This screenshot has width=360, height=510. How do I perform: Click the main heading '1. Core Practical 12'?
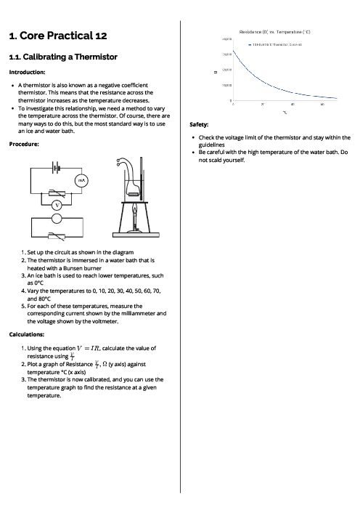tap(57, 36)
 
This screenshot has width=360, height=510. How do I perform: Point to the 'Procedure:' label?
tap(24, 144)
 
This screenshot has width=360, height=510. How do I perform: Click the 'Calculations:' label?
tap(27, 334)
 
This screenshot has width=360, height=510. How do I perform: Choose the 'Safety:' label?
tap(198, 124)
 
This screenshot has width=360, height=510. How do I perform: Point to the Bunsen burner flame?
tap(134, 211)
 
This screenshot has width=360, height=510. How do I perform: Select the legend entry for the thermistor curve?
tap(275, 44)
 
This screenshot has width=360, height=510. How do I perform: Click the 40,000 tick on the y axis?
tap(226, 39)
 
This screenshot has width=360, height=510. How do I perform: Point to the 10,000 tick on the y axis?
tap(226, 85)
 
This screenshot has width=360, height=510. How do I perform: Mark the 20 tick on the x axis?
tap(262, 105)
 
